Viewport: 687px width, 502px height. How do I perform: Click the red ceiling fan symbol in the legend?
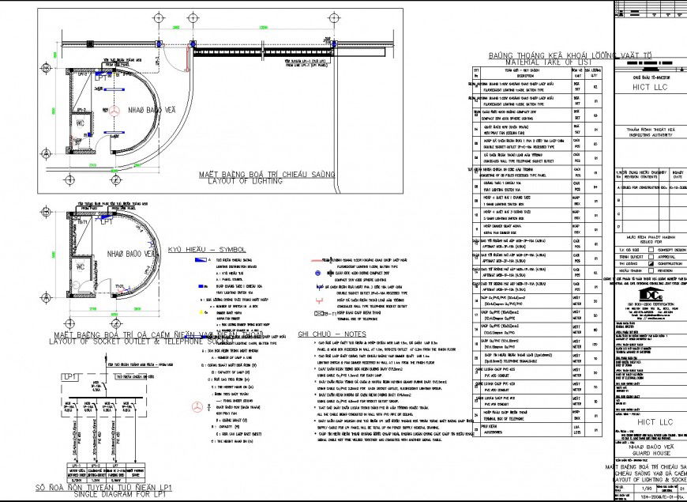194,406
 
